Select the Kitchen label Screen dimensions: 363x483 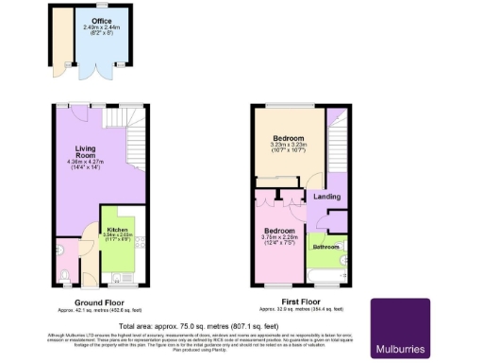[x=118, y=230]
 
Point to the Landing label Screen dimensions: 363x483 [x=327, y=197]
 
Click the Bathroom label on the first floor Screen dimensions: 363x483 [x=326, y=247]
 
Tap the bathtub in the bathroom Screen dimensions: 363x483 [x=327, y=276]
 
